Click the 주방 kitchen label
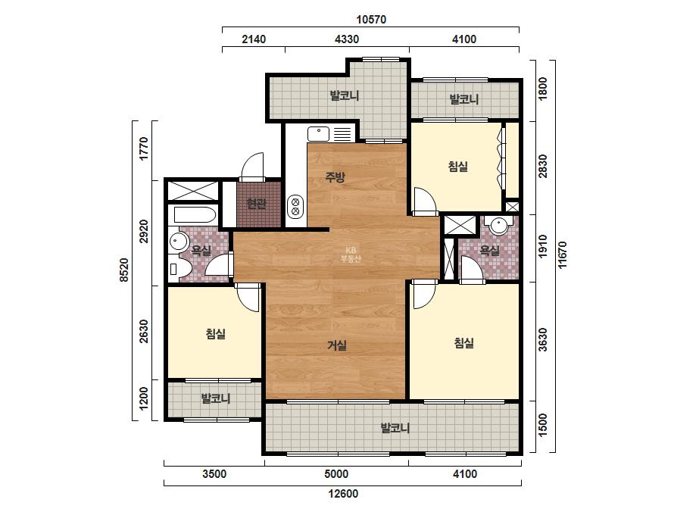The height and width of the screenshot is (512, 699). coord(335,177)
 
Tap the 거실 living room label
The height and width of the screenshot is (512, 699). coord(337,345)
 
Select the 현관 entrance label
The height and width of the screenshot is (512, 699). coord(256,204)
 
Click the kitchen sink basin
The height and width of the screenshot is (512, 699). coord(318,134)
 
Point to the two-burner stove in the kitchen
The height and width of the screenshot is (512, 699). coord(295,207)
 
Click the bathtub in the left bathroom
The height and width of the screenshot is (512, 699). coord(195,215)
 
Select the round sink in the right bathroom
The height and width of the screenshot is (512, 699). coord(497,226)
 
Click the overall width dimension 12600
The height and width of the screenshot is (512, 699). coord(343,494)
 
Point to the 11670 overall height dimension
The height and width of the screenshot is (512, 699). coord(562,254)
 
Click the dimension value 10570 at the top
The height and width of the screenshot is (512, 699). coord(371,20)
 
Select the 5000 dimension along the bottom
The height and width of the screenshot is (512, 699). coord(336,473)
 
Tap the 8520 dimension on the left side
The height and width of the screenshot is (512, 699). coord(124,270)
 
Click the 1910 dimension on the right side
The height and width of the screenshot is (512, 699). coord(542,247)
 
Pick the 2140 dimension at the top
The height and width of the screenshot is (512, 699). coord(254,39)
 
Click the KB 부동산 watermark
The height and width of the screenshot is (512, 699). coord(351,254)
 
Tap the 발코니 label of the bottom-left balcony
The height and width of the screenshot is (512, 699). coord(216,398)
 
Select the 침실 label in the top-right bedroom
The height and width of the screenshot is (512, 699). coord(458,167)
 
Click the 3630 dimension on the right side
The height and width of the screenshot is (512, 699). coord(542,340)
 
